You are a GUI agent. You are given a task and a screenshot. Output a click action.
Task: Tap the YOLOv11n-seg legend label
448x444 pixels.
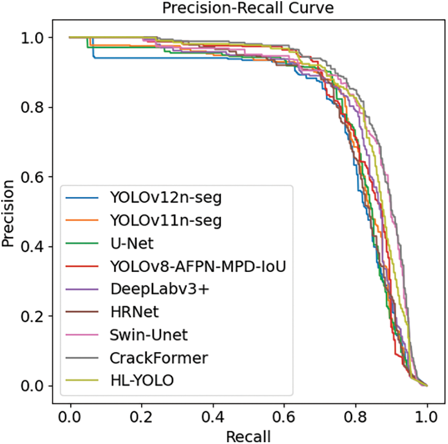pyautogui.click(x=166, y=221)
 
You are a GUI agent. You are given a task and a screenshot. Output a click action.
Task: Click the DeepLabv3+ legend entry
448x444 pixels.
pyautogui.click(x=152, y=289)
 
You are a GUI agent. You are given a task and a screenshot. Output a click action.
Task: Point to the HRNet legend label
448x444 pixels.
pyautogui.click(x=135, y=312)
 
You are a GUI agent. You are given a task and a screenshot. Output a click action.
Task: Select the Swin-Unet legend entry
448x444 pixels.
pyautogui.click(x=149, y=335)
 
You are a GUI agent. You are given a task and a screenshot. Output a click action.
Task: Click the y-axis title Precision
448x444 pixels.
pyautogui.click(x=9, y=211)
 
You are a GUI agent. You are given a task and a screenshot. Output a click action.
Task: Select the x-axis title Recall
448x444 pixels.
pyautogui.click(x=248, y=435)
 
